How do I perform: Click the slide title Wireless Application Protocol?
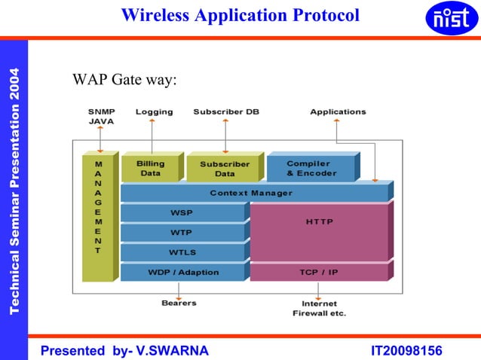[x=240, y=14]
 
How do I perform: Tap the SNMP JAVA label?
[x=102, y=116]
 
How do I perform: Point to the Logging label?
[x=154, y=112]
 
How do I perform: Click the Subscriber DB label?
[x=226, y=112]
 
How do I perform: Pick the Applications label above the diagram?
[x=338, y=112]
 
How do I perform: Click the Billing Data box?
[x=150, y=169]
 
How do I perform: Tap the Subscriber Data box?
[x=224, y=169]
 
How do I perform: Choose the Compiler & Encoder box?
[x=311, y=168]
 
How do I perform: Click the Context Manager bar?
[x=252, y=194]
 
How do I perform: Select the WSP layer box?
[x=182, y=213]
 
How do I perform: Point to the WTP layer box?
[x=182, y=233]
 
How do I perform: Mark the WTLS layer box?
[x=182, y=252]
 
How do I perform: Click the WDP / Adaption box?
[x=182, y=272]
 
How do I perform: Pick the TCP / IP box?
[x=319, y=272]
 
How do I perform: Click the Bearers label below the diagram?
[x=179, y=303]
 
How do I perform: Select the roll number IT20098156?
[x=406, y=351]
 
